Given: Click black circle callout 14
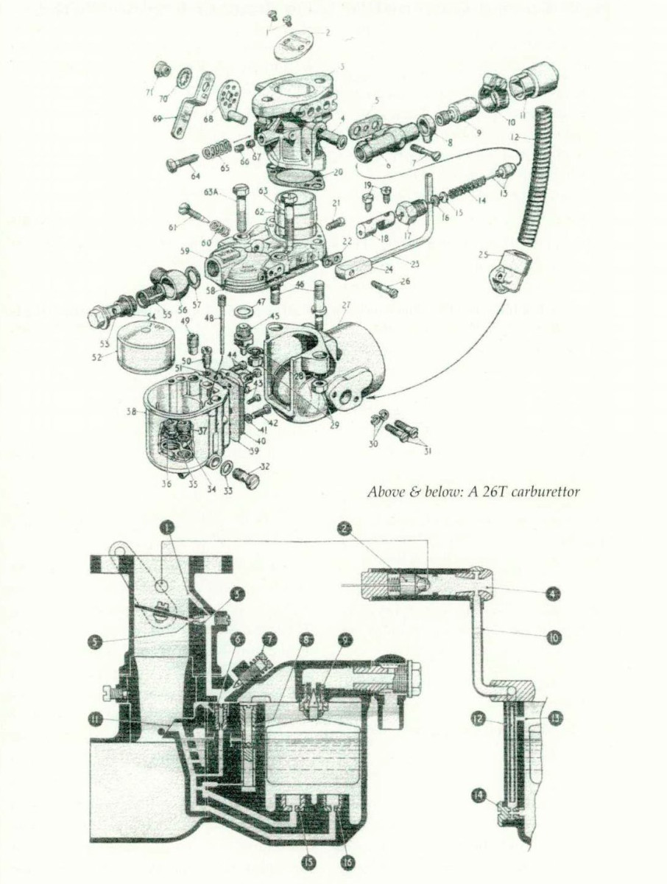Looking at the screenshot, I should [481, 795].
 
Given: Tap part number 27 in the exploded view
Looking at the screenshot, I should [346, 304].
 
